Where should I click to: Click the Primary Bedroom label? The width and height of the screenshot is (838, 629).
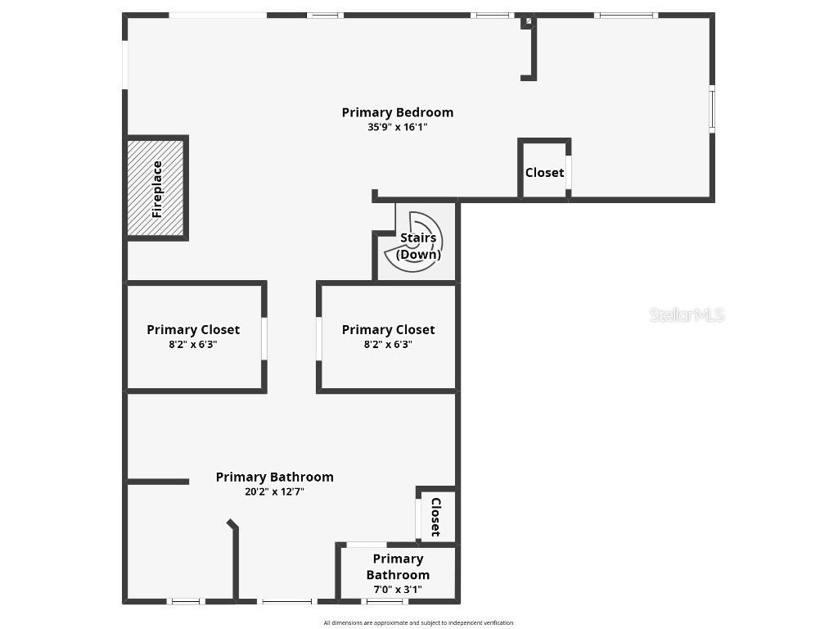(x=397, y=112)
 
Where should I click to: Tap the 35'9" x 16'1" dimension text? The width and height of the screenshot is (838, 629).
(x=397, y=127)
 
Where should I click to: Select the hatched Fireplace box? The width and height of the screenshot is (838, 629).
(x=156, y=188)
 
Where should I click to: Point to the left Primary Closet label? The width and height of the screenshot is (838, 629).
(x=193, y=329)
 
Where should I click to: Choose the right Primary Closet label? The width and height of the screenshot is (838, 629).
(x=388, y=329)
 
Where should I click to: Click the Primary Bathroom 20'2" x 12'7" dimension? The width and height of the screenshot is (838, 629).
(x=274, y=491)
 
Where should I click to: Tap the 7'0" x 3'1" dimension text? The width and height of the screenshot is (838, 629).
(x=398, y=589)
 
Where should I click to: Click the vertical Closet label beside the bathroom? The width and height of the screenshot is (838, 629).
(x=435, y=516)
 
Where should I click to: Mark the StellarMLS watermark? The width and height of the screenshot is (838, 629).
(x=687, y=314)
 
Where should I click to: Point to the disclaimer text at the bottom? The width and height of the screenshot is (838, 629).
(x=418, y=622)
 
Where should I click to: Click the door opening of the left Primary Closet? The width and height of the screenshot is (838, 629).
(x=264, y=338)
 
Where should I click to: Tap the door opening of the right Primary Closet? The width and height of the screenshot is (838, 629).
(x=318, y=338)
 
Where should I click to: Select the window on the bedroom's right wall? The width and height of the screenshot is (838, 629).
(x=712, y=108)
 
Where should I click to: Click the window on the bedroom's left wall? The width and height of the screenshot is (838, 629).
(x=125, y=64)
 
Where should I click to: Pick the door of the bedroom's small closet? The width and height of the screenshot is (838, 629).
(x=569, y=172)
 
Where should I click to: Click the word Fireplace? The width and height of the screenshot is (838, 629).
(x=157, y=188)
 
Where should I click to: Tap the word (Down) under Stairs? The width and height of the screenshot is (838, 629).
(x=418, y=254)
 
